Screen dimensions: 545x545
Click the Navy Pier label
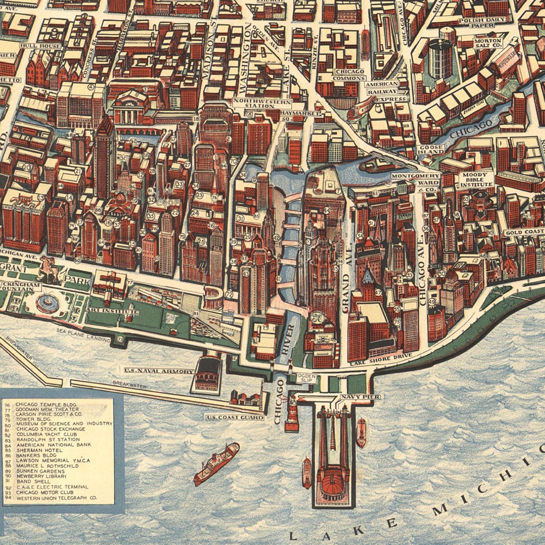coord(360,397)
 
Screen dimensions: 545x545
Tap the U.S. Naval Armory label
coord(159,371)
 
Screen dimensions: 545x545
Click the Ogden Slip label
coord(306,378)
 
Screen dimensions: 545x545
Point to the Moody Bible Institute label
coord(476,179)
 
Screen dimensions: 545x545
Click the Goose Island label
coord(431,149)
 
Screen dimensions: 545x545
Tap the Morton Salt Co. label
coord(488,43)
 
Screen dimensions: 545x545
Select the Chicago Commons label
coord(349,75)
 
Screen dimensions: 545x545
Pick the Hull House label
coord(40,46)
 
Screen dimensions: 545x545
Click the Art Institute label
coord(113,311)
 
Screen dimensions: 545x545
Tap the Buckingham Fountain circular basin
coord(47,302)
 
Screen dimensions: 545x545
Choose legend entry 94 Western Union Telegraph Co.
coord(57,498)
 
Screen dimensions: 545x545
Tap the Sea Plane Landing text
coord(84,335)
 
